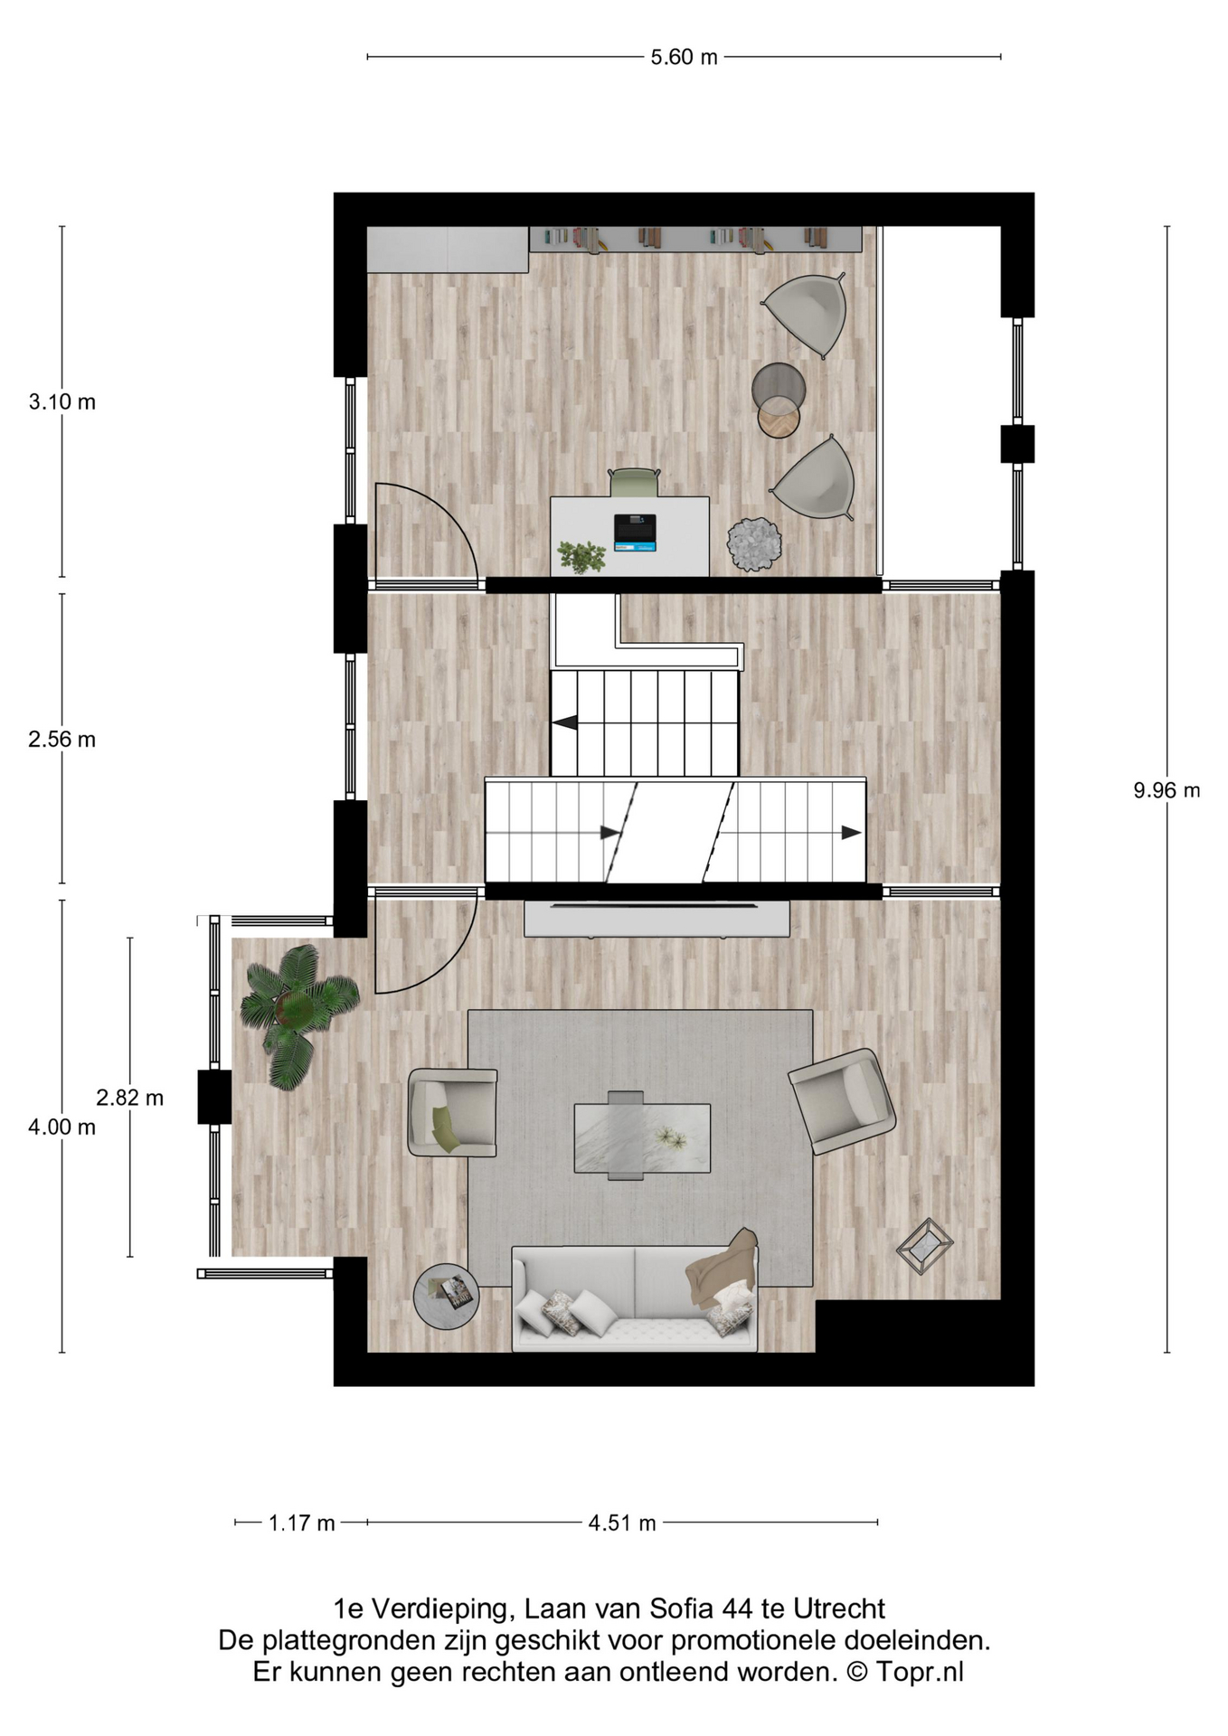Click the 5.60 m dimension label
(x=684, y=57)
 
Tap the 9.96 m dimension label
(x=1167, y=790)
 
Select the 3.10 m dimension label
(x=61, y=401)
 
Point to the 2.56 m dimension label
(x=61, y=740)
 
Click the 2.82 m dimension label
(x=130, y=1098)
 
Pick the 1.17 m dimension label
(x=302, y=1524)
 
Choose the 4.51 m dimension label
(x=622, y=1524)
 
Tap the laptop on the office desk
(x=635, y=533)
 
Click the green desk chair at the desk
(x=634, y=482)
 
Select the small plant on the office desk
(x=581, y=556)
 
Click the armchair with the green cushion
(x=452, y=1112)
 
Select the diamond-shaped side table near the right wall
(x=924, y=1247)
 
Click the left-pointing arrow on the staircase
(x=565, y=722)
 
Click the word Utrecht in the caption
(x=839, y=1609)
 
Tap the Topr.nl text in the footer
(x=919, y=1672)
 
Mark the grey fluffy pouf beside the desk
(x=754, y=544)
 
